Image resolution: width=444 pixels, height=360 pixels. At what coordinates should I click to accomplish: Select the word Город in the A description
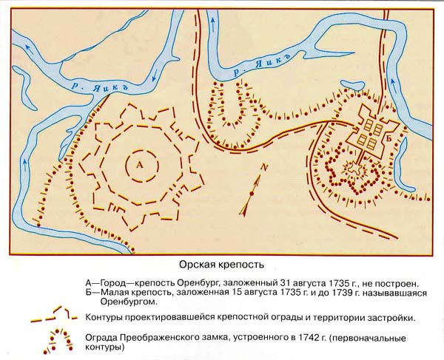tap(111, 283)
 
